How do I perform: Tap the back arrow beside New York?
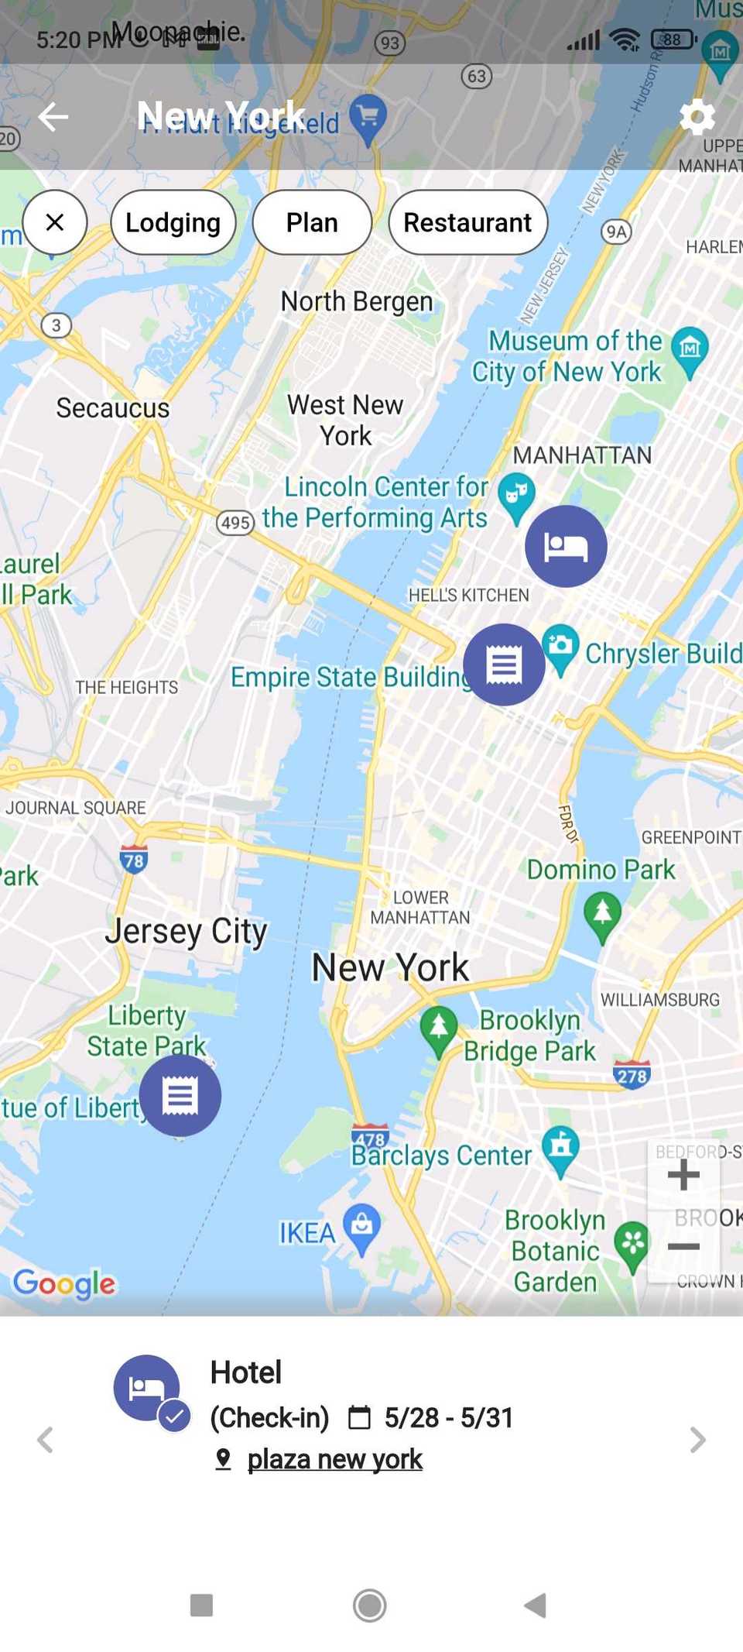click(x=53, y=117)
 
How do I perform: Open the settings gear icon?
click(x=697, y=117)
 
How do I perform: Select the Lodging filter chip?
click(x=173, y=223)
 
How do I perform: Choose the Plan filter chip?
click(x=312, y=223)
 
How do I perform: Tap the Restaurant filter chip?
click(x=467, y=223)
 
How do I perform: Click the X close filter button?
click(x=55, y=223)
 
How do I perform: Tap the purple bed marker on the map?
click(x=566, y=546)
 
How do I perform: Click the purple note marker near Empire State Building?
click(x=504, y=665)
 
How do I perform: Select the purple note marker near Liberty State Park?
click(x=180, y=1095)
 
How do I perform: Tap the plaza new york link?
click(x=334, y=1459)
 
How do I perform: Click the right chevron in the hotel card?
click(x=697, y=1440)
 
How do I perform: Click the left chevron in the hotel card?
click(x=46, y=1440)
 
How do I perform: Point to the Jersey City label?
click(x=187, y=931)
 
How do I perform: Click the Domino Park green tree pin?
click(x=602, y=912)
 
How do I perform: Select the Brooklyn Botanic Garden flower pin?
click(x=632, y=1244)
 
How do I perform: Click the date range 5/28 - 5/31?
click(x=449, y=1417)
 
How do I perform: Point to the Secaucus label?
click(x=113, y=408)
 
